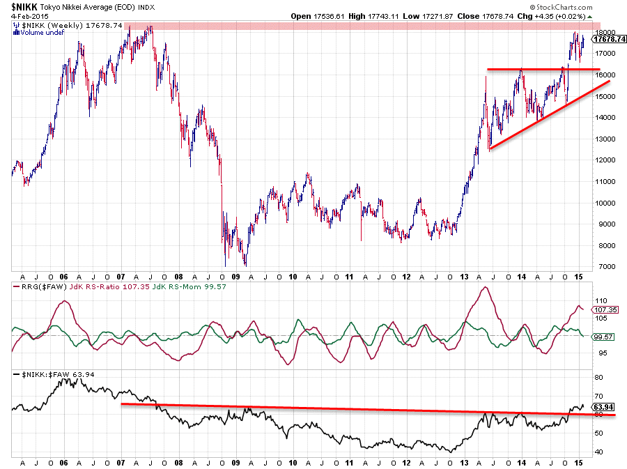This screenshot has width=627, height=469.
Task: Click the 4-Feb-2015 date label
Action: pos(25,16)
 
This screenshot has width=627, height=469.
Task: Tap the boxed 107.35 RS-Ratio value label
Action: pos(603,309)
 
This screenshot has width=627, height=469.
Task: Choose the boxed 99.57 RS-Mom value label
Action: pos(602,336)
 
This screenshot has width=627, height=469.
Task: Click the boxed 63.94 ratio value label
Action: pos(602,406)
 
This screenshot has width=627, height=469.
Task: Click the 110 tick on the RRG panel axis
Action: pos(599,300)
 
